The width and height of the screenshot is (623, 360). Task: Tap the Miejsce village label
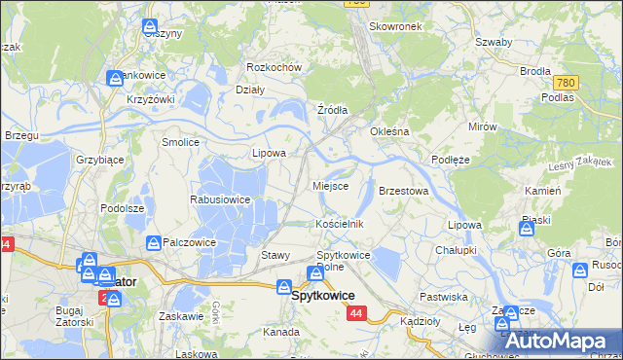click(330, 185)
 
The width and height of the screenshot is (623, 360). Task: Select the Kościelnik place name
click(340, 223)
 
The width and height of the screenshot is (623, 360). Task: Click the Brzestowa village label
click(403, 191)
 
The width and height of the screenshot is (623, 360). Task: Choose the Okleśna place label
click(388, 130)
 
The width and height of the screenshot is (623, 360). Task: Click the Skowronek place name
click(396, 26)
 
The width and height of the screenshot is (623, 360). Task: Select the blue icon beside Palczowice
click(153, 242)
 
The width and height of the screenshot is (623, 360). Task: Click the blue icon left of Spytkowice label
click(282, 287)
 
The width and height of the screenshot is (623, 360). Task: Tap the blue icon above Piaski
click(527, 230)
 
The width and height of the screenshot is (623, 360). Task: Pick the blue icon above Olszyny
click(150, 26)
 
